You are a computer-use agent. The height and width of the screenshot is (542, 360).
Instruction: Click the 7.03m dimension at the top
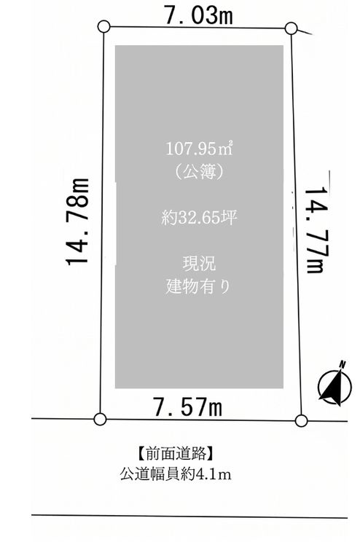pos(199,15)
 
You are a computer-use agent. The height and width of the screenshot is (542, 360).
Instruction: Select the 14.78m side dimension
pos(78,221)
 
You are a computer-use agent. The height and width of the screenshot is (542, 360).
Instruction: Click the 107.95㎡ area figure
pos(199,149)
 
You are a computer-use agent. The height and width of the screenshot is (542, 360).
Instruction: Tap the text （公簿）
pos(199,172)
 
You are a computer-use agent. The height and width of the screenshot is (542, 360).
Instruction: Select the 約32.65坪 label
pos(199,218)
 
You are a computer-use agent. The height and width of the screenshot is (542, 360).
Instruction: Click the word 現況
pos(199,264)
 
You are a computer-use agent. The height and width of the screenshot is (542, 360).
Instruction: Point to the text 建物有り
pos(198,286)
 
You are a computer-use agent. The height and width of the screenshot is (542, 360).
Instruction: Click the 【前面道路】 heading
pos(176,453)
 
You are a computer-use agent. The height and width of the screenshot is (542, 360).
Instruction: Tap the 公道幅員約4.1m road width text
pos(176,474)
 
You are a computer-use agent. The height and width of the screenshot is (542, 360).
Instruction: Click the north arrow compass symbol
pos(334,385)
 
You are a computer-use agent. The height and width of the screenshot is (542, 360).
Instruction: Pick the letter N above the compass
pos(342,364)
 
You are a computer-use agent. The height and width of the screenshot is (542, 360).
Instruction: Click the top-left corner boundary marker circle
pos(104,27)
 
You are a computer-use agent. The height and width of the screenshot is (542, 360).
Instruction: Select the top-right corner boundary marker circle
pos(291,28)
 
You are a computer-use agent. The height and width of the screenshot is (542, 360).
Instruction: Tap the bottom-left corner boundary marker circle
pos(100,419)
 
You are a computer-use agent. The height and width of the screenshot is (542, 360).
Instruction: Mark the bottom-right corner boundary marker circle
pos(301,420)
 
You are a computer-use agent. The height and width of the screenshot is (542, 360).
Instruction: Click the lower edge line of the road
pos(189,517)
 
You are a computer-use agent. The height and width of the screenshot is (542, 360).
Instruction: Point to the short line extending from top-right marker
pos(305,32)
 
